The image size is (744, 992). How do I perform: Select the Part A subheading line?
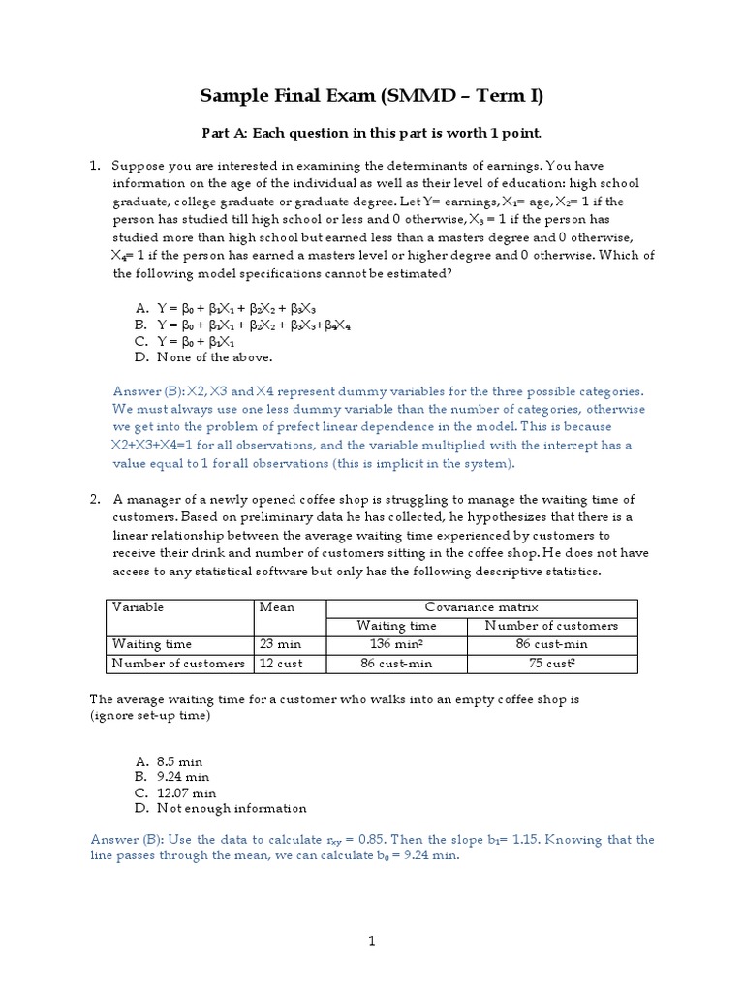click(371, 132)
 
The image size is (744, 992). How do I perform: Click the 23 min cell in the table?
click(276, 644)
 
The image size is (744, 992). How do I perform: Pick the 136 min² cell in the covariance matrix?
click(395, 644)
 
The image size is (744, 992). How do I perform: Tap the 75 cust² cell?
click(550, 664)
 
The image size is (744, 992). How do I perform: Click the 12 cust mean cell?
click(278, 664)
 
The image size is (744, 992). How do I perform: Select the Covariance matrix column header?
click(481, 607)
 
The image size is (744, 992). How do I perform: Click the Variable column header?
click(139, 607)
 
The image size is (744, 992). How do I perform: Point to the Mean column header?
click(277, 607)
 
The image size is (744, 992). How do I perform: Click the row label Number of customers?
click(178, 664)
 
